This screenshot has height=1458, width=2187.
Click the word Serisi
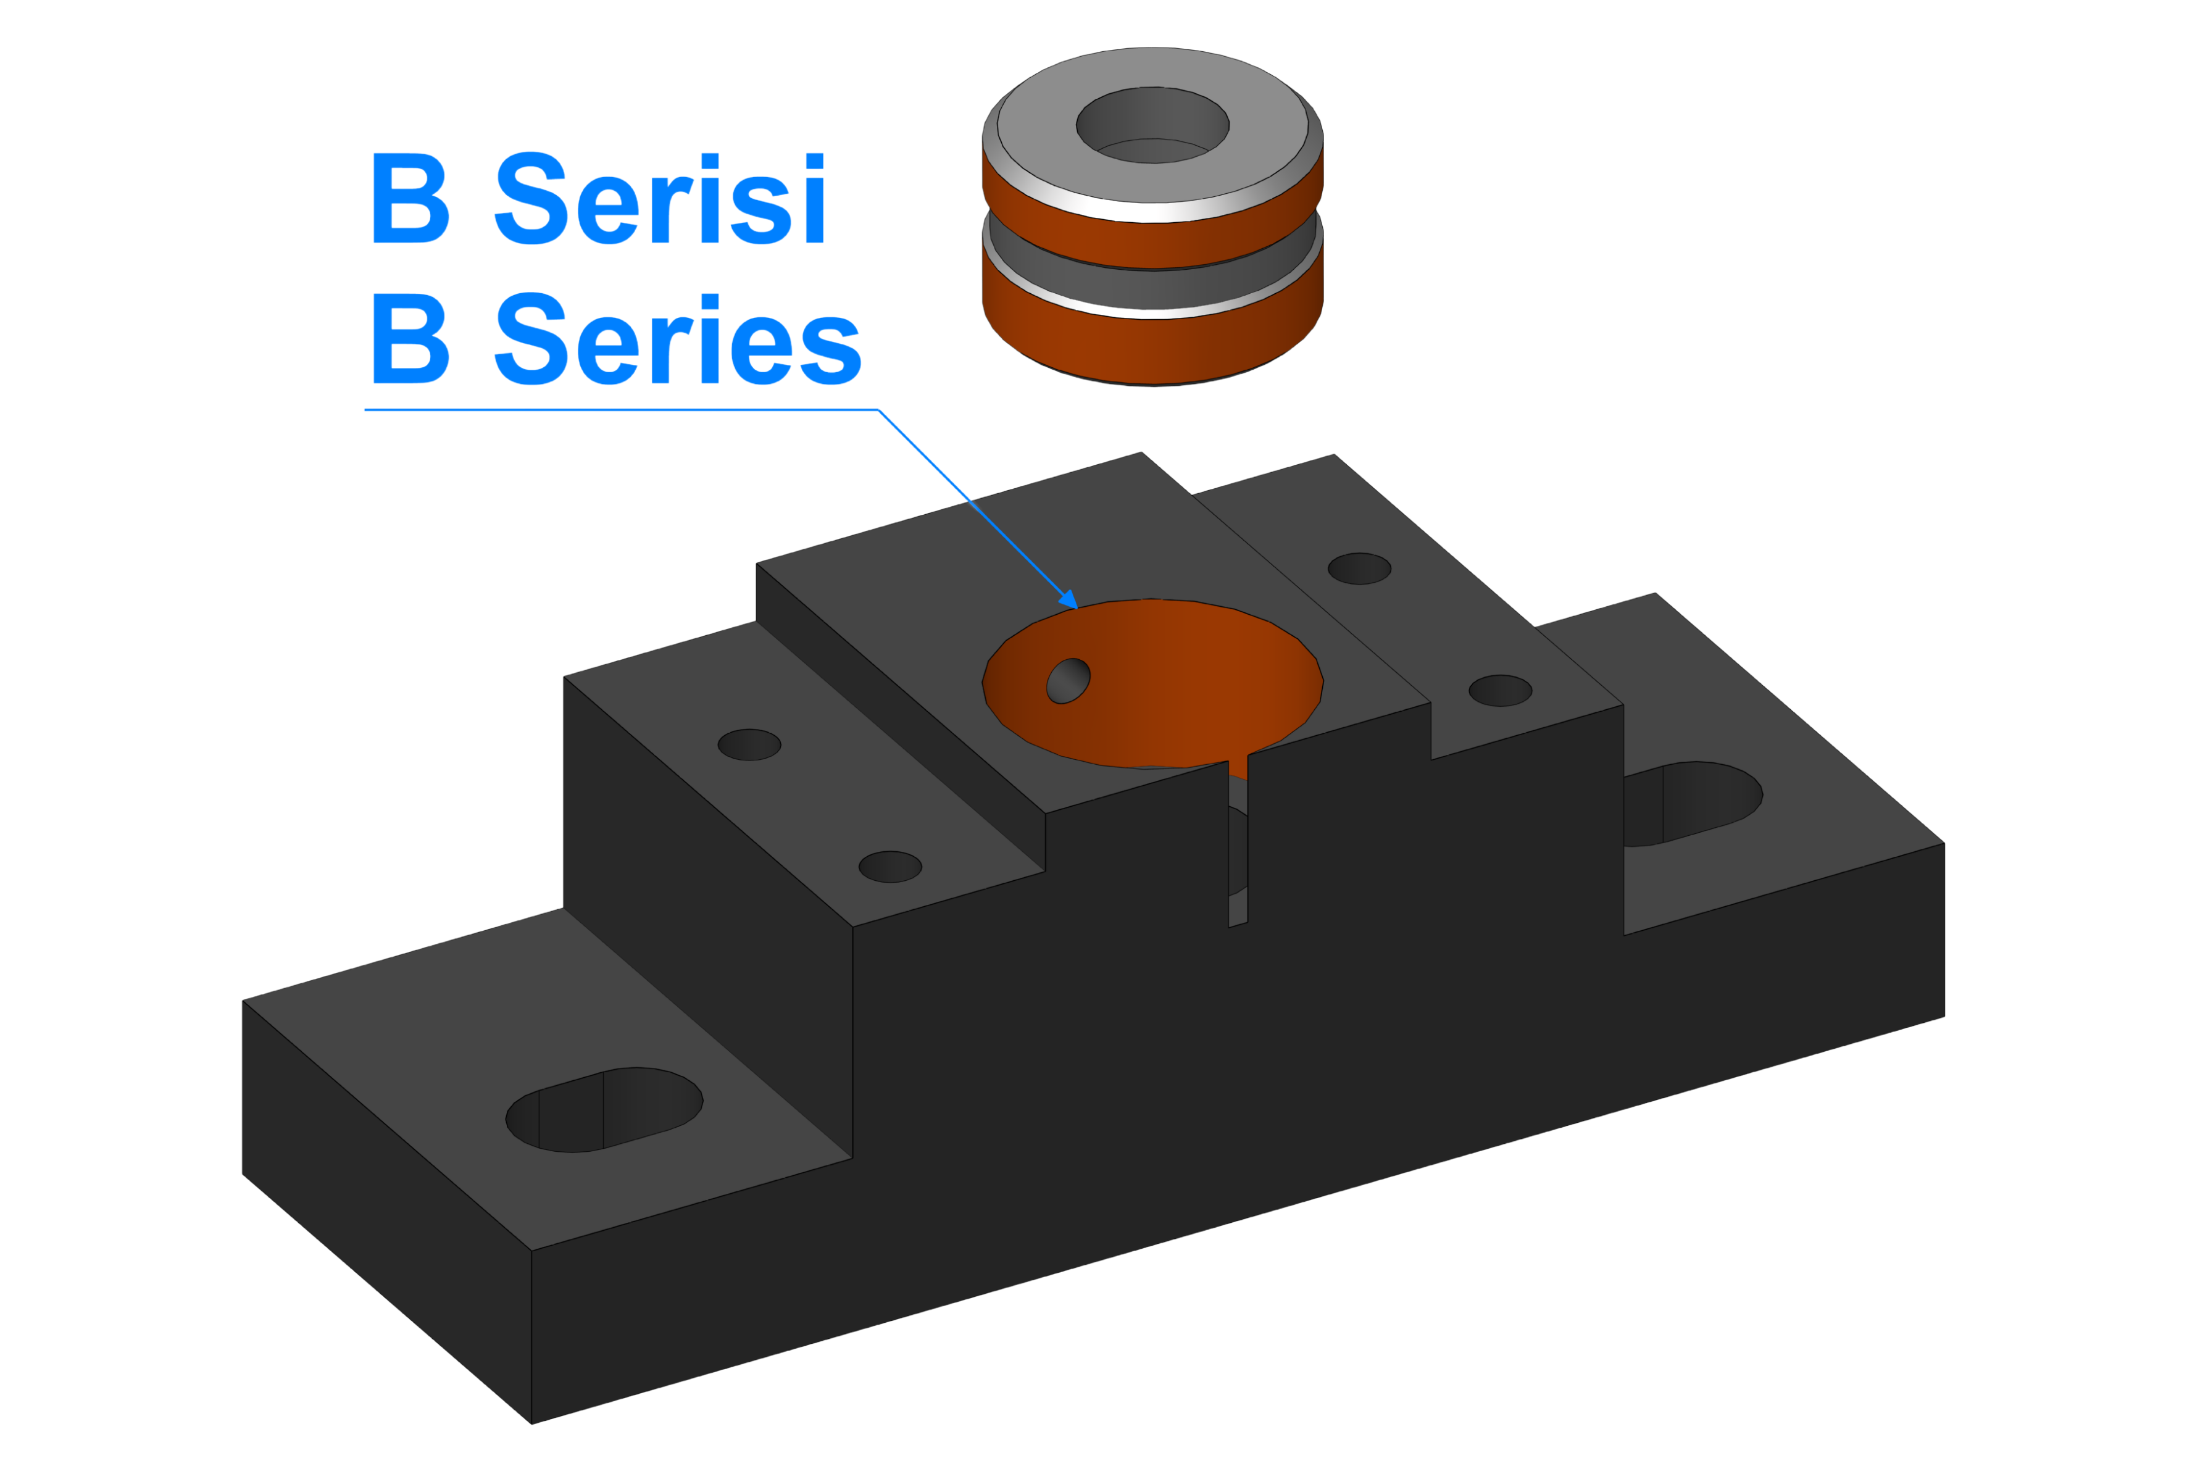660,198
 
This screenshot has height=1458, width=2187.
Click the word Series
678,338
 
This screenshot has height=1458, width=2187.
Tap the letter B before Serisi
410,198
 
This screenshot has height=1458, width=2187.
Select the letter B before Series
410,338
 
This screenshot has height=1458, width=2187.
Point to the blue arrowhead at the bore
1069,600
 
